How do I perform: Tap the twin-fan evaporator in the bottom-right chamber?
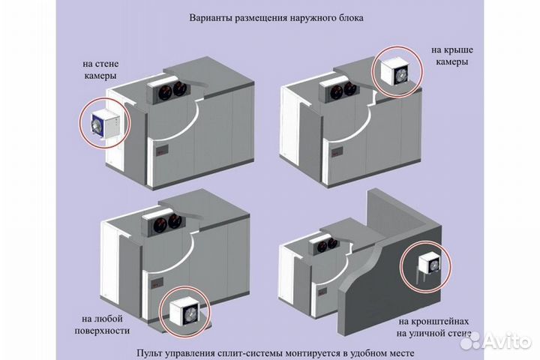(322, 243)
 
